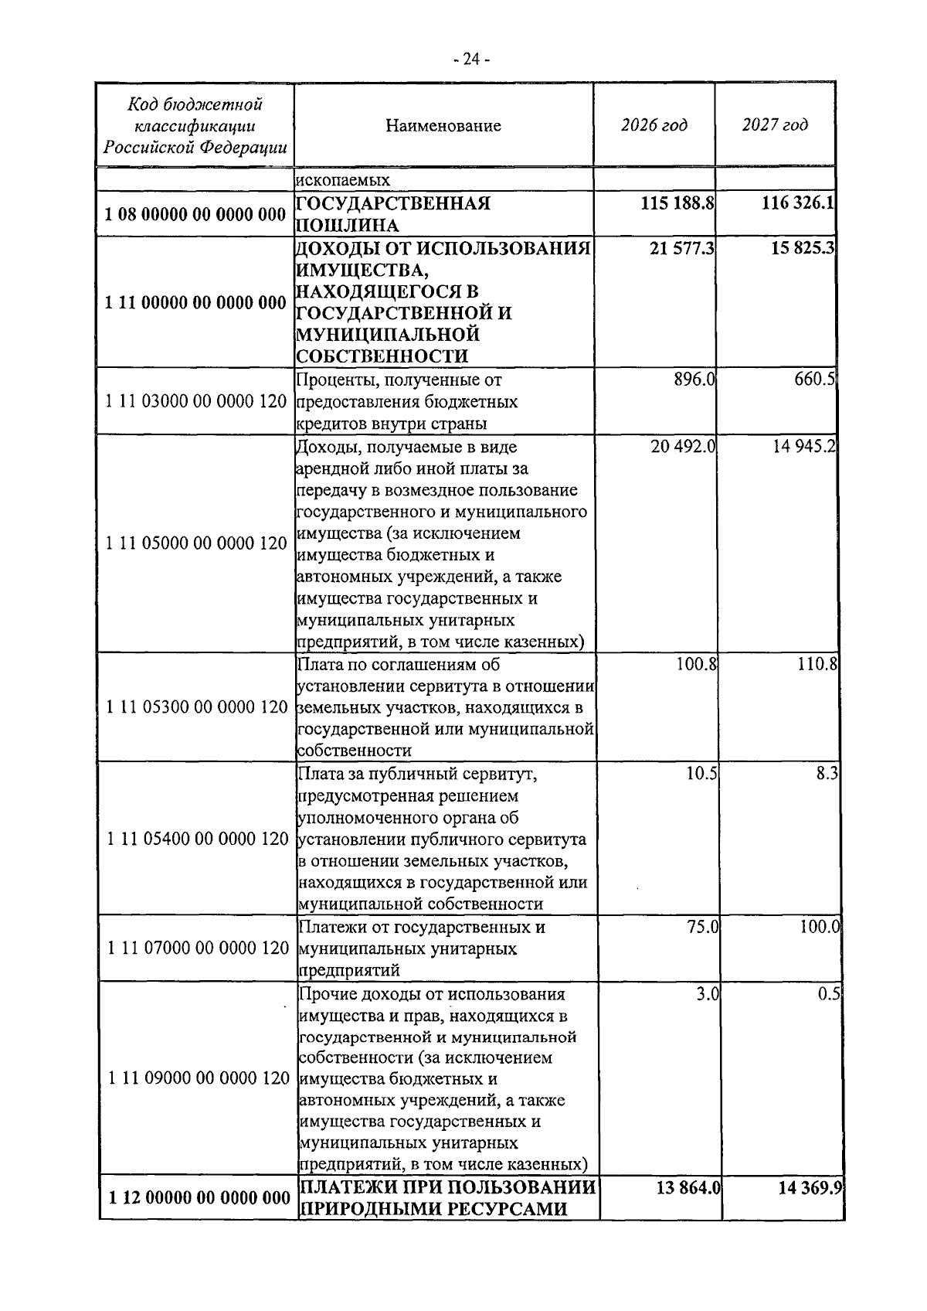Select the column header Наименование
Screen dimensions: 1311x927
click(443, 125)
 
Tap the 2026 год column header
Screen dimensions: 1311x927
click(654, 125)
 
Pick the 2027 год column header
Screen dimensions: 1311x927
click(775, 125)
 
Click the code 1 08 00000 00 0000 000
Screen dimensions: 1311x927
click(195, 214)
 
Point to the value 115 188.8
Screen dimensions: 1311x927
click(677, 203)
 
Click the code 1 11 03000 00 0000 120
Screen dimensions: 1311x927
click(195, 402)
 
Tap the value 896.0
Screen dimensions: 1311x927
click(694, 380)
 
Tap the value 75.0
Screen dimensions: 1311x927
click(702, 926)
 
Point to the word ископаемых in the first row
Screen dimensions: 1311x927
click(342, 180)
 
